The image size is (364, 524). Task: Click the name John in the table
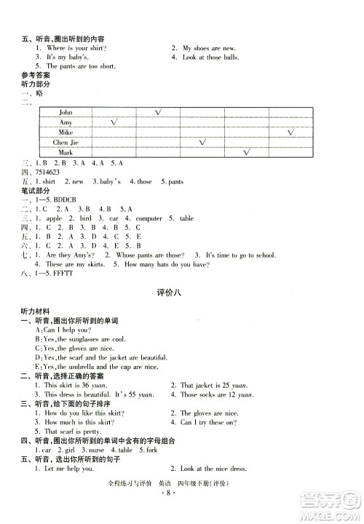[66, 113]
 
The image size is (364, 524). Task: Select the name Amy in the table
[66, 123]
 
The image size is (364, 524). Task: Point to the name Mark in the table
[66, 154]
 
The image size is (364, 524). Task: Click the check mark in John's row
[158, 112]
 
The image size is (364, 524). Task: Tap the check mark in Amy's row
[114, 122]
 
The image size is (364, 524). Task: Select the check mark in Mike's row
[291, 132]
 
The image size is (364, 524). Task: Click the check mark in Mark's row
[247, 153]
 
